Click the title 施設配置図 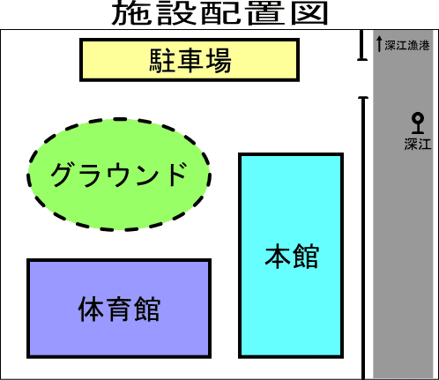[x=219, y=12]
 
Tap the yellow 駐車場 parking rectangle [x=190, y=60]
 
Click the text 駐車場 [x=190, y=61]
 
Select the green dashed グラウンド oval [x=119, y=175]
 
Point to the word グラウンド [x=119, y=175]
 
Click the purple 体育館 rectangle [x=119, y=309]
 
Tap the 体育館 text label [x=119, y=309]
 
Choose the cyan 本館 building [x=291, y=256]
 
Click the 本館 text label [x=292, y=256]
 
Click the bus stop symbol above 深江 [x=418, y=123]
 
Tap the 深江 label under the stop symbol [x=418, y=145]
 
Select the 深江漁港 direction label [x=407, y=46]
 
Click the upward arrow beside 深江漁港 [x=379, y=43]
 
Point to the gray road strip [x=403, y=204]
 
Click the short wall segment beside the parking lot [x=362, y=45]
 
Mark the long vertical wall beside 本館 [x=363, y=238]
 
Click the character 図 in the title [x=309, y=13]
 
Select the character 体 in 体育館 [x=91, y=309]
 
